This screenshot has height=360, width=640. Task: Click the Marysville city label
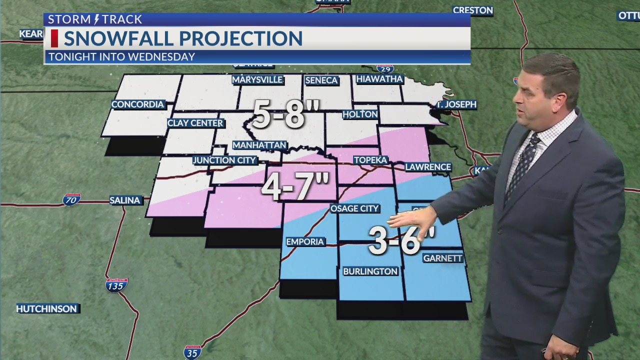[x=257, y=80]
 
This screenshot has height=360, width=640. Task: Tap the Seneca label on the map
[x=321, y=80]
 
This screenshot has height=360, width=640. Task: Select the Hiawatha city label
[x=379, y=79]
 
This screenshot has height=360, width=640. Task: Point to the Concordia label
[x=137, y=104]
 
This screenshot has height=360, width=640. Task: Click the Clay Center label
[x=195, y=123]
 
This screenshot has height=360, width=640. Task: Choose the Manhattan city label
[x=259, y=145]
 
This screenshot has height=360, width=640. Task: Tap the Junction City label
[x=224, y=160]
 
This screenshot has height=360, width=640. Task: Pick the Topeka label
[x=370, y=160]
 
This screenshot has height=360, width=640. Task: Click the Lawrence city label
[x=428, y=167]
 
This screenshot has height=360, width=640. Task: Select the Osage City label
[x=354, y=208]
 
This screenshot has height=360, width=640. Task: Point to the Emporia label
[x=305, y=242]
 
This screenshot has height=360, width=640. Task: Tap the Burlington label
[x=370, y=271]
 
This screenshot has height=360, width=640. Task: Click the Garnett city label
[x=442, y=258]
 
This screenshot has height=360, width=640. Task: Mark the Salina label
[x=125, y=200]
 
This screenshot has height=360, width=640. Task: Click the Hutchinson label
[x=46, y=309]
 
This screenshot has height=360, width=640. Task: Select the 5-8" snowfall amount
[x=279, y=113]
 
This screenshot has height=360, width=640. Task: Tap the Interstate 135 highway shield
[x=116, y=285]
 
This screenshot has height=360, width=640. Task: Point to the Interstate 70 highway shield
[x=71, y=200]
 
